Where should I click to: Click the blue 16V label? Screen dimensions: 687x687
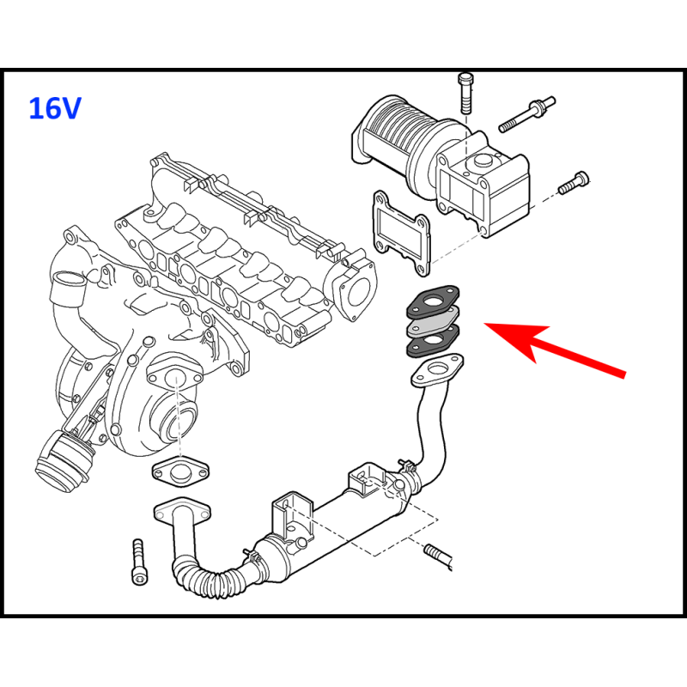point(55,108)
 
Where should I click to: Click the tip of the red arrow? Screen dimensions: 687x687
point(483,324)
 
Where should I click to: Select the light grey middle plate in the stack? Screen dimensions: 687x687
point(434,323)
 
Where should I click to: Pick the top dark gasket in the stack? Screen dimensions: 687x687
point(433,302)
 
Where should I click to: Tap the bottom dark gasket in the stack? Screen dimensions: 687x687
point(434,342)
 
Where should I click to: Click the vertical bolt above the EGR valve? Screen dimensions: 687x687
point(465,94)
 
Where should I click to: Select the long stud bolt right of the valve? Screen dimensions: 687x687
point(527,114)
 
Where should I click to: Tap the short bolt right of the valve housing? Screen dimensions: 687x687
point(574,182)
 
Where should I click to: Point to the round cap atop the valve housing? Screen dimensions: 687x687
point(481,162)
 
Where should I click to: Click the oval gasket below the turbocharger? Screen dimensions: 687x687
point(180,471)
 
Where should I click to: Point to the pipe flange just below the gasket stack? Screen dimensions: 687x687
point(437,370)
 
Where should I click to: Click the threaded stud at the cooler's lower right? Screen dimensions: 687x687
point(438,556)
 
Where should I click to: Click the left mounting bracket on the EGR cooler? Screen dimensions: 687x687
point(292,516)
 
